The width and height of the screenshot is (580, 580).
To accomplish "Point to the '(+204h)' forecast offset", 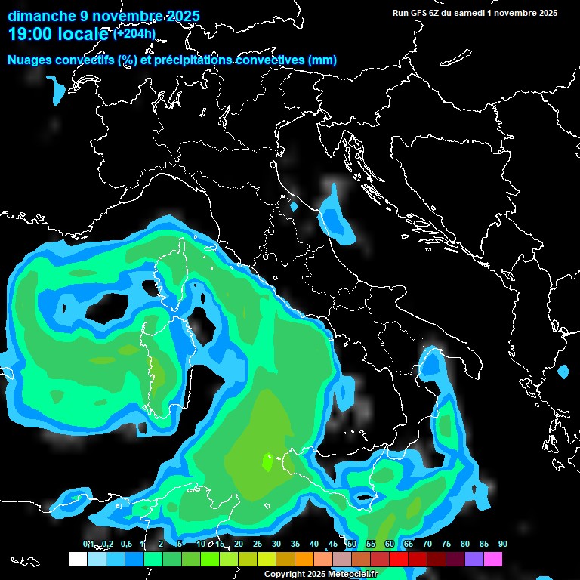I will (134, 33).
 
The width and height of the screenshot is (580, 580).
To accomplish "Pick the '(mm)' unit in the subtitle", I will (322, 60).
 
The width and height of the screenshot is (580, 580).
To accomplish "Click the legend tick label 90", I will (503, 544).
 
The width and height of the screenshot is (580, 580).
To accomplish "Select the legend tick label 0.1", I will (88, 544).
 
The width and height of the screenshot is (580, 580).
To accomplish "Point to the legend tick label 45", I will (333, 544).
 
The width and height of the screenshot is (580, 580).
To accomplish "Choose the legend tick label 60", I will (390, 544).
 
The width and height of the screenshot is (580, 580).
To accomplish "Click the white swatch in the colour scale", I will (77, 559).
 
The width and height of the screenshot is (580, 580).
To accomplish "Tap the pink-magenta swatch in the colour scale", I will (492, 559).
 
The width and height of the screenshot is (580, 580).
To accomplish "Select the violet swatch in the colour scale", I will (474, 559).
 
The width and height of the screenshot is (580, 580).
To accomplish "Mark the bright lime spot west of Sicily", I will (267, 460).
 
